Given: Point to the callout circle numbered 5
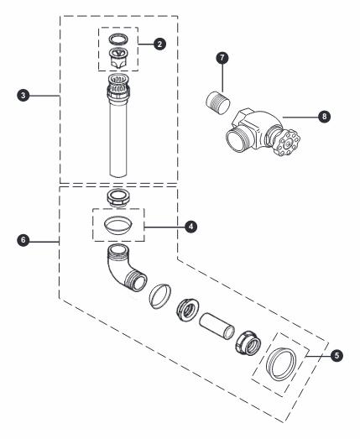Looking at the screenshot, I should [336, 355].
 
